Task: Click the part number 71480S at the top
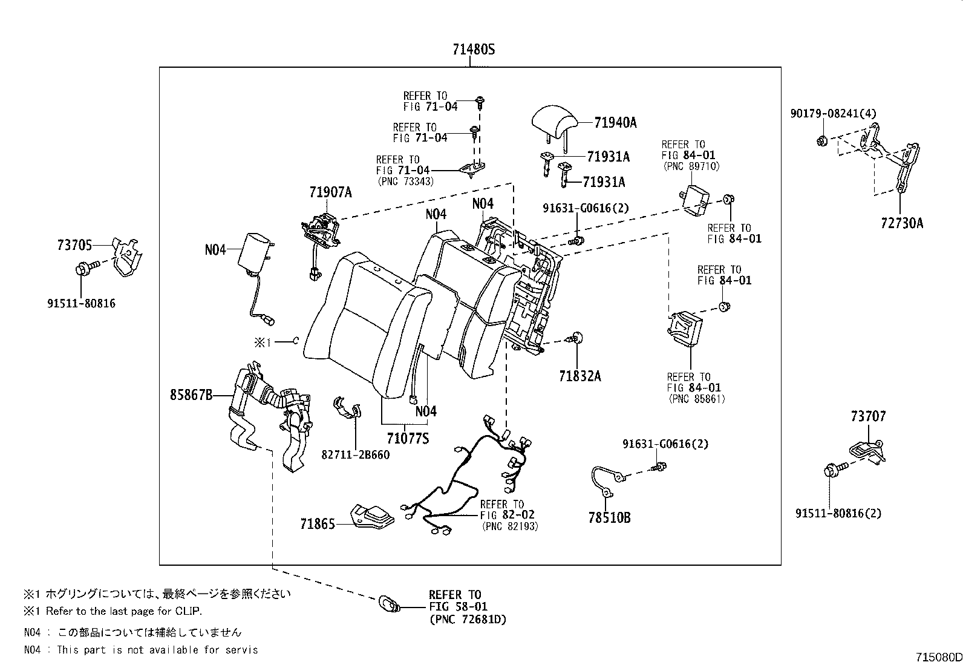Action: pos(473,50)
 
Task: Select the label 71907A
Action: pos(330,192)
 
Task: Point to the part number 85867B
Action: pos(191,395)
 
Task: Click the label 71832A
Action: pos(580,376)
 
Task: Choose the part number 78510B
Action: pos(609,517)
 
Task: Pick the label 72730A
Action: pos(901,223)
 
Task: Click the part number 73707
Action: pos(869,416)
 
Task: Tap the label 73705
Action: pos(74,245)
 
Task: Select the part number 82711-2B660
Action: pos(356,454)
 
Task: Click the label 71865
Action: pos(318,524)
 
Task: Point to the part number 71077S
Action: pos(408,438)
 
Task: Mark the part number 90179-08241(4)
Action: pos(833,113)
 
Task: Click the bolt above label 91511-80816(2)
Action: pos(835,469)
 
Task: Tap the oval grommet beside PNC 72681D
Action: pos(389,604)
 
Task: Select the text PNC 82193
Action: pos(510,526)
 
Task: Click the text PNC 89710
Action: pos(691,166)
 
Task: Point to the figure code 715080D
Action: pos(938,657)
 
